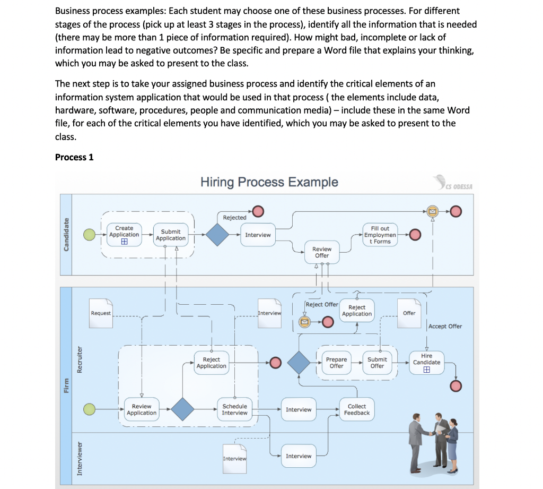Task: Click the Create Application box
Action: [124, 234]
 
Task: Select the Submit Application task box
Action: [171, 235]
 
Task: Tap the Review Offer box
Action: [322, 252]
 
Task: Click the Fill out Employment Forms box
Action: [380, 235]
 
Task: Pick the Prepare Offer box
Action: [336, 363]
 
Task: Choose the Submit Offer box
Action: [377, 363]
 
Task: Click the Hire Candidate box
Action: [426, 363]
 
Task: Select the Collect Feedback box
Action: [357, 409]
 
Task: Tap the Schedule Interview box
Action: [234, 409]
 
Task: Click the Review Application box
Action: [142, 409]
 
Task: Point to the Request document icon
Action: [101, 312]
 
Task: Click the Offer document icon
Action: [409, 312]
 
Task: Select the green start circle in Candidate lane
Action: [90, 235]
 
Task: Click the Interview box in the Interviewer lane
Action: [299, 456]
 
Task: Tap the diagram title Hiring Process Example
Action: [269, 182]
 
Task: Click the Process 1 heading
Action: [74, 157]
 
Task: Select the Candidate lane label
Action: [66, 235]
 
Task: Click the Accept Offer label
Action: [445, 326]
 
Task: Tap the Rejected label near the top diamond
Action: [234, 218]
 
